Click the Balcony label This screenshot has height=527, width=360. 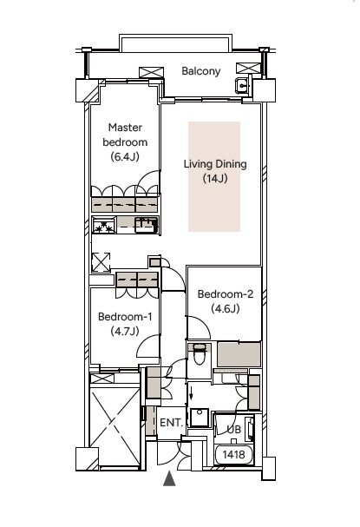click(x=201, y=71)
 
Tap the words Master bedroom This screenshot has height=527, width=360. click(x=125, y=135)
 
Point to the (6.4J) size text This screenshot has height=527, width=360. click(x=125, y=156)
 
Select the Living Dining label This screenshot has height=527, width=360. click(x=215, y=164)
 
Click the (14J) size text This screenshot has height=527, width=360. click(x=215, y=179)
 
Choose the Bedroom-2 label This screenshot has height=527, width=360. click(x=226, y=294)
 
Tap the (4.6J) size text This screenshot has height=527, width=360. click(x=226, y=308)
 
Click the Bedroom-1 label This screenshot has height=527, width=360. click(x=125, y=317)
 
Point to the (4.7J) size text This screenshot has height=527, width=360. click(x=125, y=332)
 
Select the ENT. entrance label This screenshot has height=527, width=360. click(x=171, y=423)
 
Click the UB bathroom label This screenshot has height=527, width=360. click(x=233, y=430)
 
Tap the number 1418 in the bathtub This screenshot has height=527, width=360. click(x=233, y=455)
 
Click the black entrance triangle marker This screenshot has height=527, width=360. click(x=169, y=478)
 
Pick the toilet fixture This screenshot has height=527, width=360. click(x=200, y=354)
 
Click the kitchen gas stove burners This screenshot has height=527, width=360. click(x=104, y=225)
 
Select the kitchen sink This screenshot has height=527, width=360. click(x=146, y=225)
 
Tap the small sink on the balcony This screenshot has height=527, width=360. click(x=243, y=85)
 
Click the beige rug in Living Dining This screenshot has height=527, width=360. click(x=214, y=176)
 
